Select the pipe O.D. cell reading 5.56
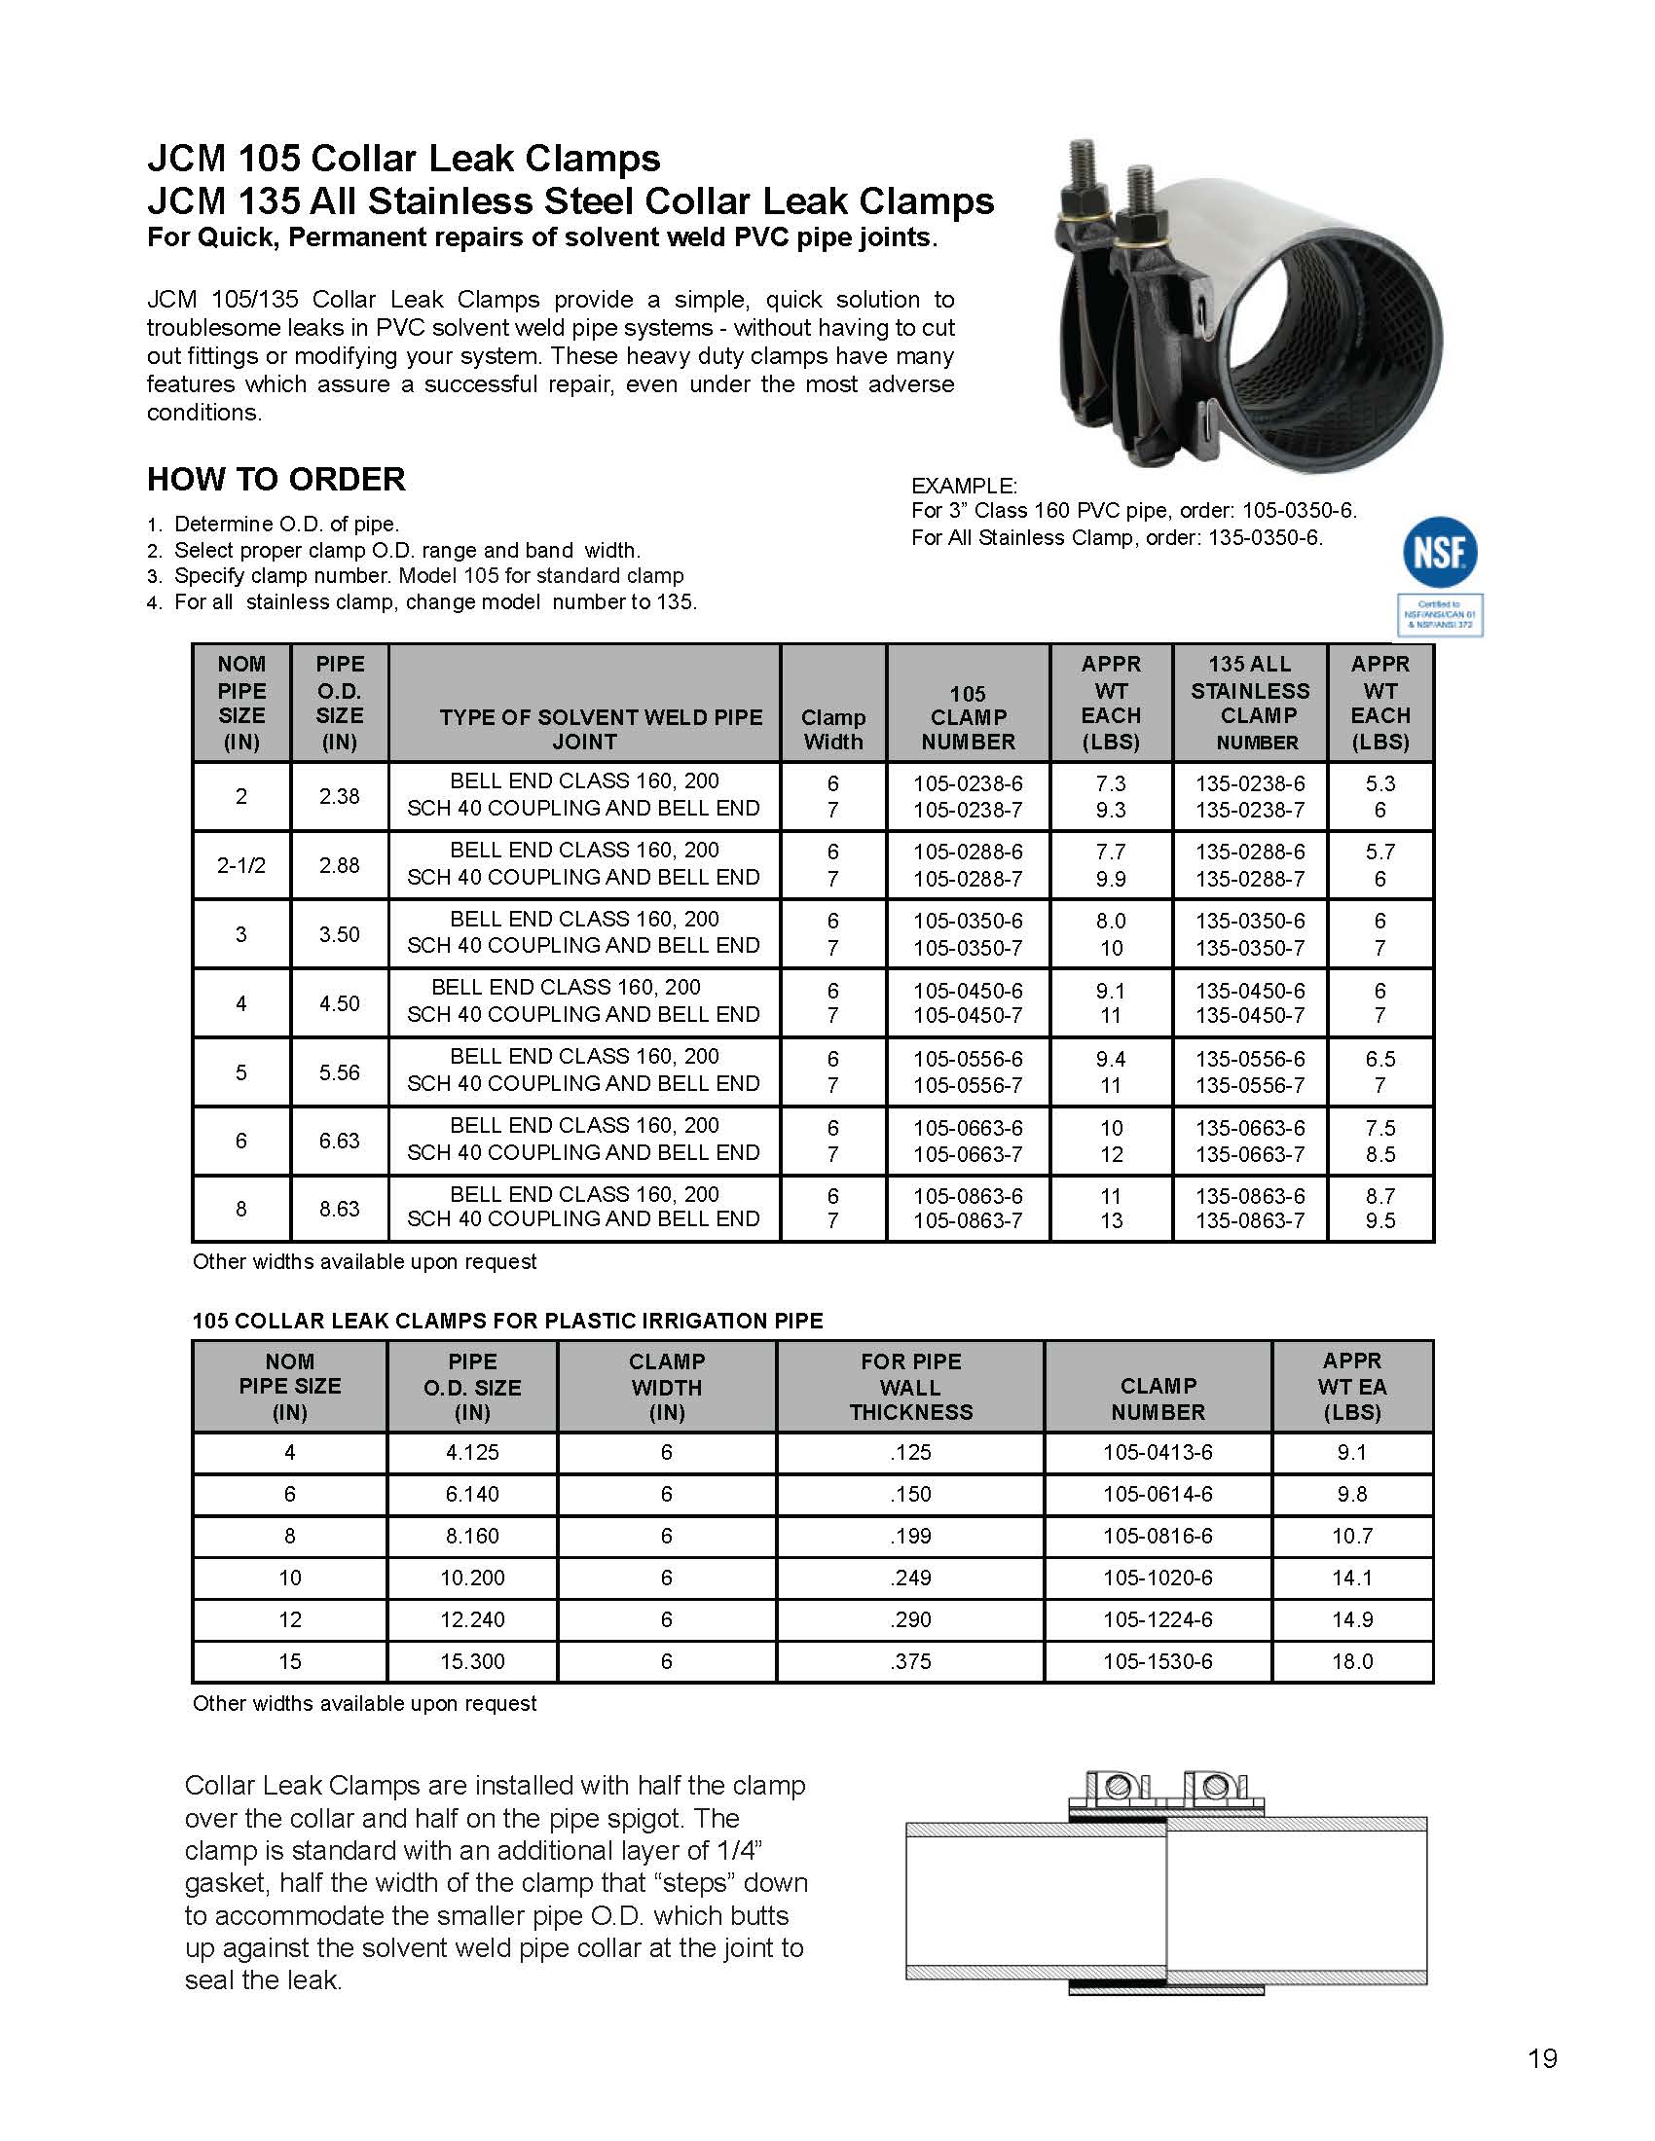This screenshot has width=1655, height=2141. tap(339, 1072)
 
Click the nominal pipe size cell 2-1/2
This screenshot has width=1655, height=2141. tap(241, 865)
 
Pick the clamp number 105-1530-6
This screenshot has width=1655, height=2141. tap(1157, 1661)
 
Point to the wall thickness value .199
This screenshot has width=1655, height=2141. tap(910, 1536)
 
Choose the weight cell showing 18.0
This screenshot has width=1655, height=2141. tap(1352, 1661)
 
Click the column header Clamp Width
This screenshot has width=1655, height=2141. tap(833, 729)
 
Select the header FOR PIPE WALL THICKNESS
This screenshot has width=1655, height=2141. tap(911, 1386)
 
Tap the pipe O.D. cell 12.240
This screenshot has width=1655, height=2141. tap(472, 1619)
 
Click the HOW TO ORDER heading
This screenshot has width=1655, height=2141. tap(276, 480)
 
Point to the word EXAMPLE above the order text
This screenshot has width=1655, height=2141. tap(965, 486)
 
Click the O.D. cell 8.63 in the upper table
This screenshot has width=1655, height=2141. tap(339, 1209)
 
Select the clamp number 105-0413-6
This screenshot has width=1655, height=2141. tap(1157, 1452)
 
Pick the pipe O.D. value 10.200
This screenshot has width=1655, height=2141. tap(472, 1578)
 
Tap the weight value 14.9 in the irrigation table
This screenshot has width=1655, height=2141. tap(1352, 1619)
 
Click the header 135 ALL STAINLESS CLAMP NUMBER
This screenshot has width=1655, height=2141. tap(1250, 703)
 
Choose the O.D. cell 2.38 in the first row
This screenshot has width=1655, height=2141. tap(339, 796)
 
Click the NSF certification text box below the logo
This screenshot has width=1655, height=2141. tap(1439, 615)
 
